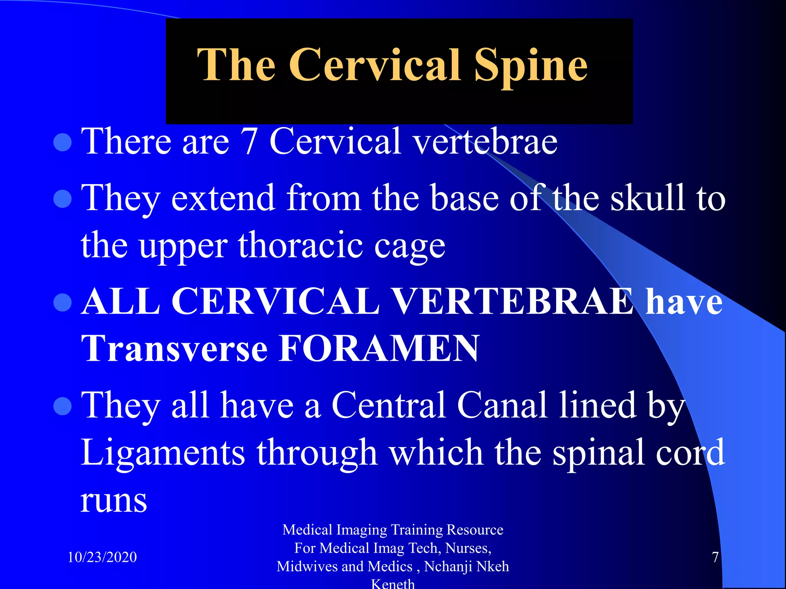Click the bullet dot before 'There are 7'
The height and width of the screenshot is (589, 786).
[63, 143]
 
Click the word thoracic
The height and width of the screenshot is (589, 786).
[300, 245]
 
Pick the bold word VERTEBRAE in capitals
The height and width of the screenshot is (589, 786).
[512, 301]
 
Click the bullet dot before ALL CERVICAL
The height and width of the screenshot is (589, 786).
[63, 302]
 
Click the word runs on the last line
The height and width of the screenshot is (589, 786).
[114, 501]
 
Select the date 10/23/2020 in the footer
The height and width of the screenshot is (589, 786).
[102, 557]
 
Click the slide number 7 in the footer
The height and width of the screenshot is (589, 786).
[715, 557]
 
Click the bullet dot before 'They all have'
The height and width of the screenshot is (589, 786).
[63, 406]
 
